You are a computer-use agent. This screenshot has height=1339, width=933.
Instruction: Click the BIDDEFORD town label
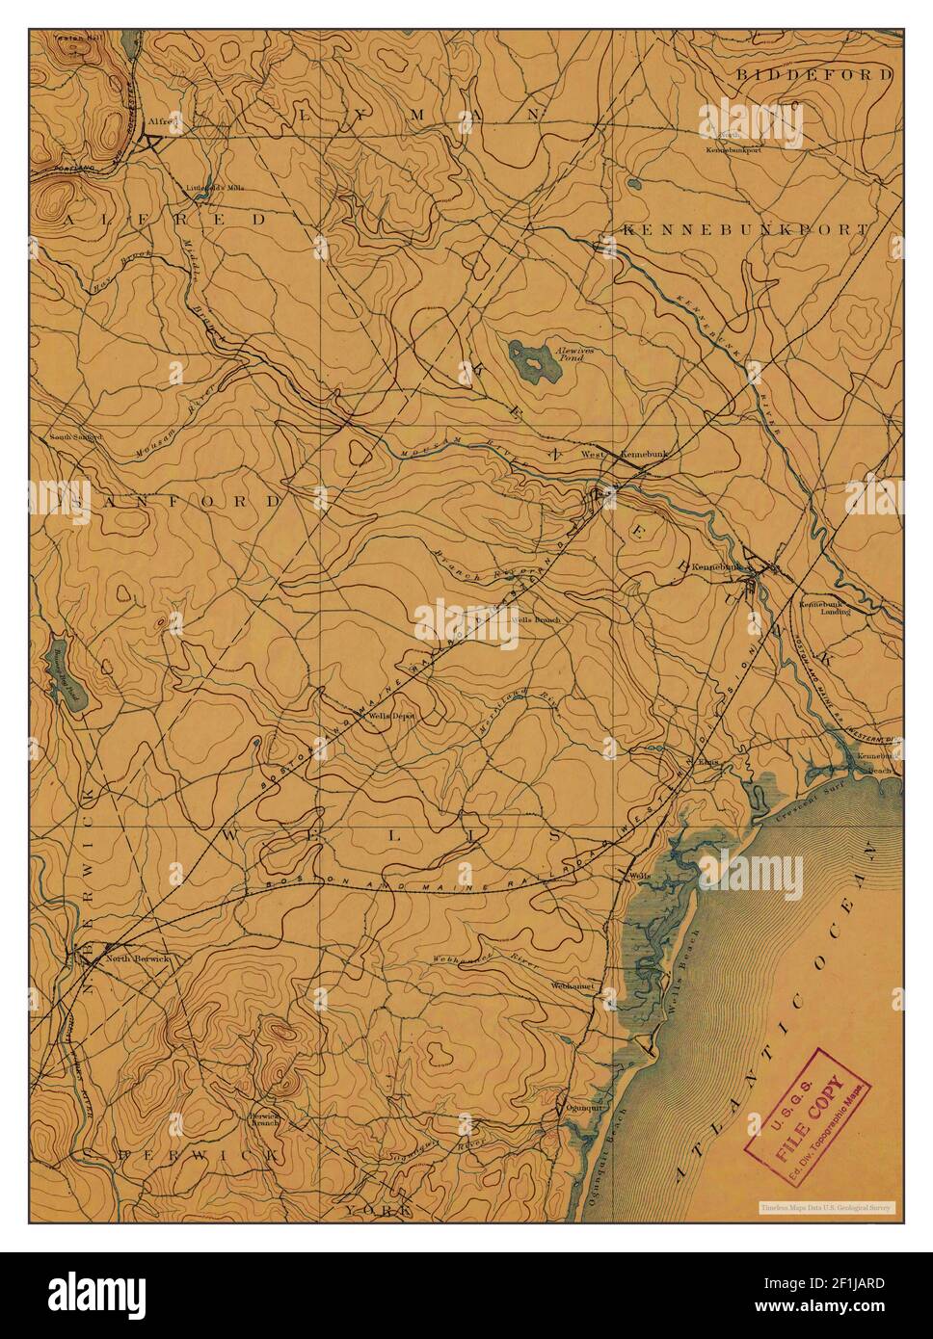tap(814, 73)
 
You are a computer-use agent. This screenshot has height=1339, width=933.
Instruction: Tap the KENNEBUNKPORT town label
tap(745, 230)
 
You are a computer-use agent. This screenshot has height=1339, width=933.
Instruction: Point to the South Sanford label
tap(76, 436)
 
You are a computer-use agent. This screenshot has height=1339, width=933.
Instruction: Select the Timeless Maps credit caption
tap(825, 1207)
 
